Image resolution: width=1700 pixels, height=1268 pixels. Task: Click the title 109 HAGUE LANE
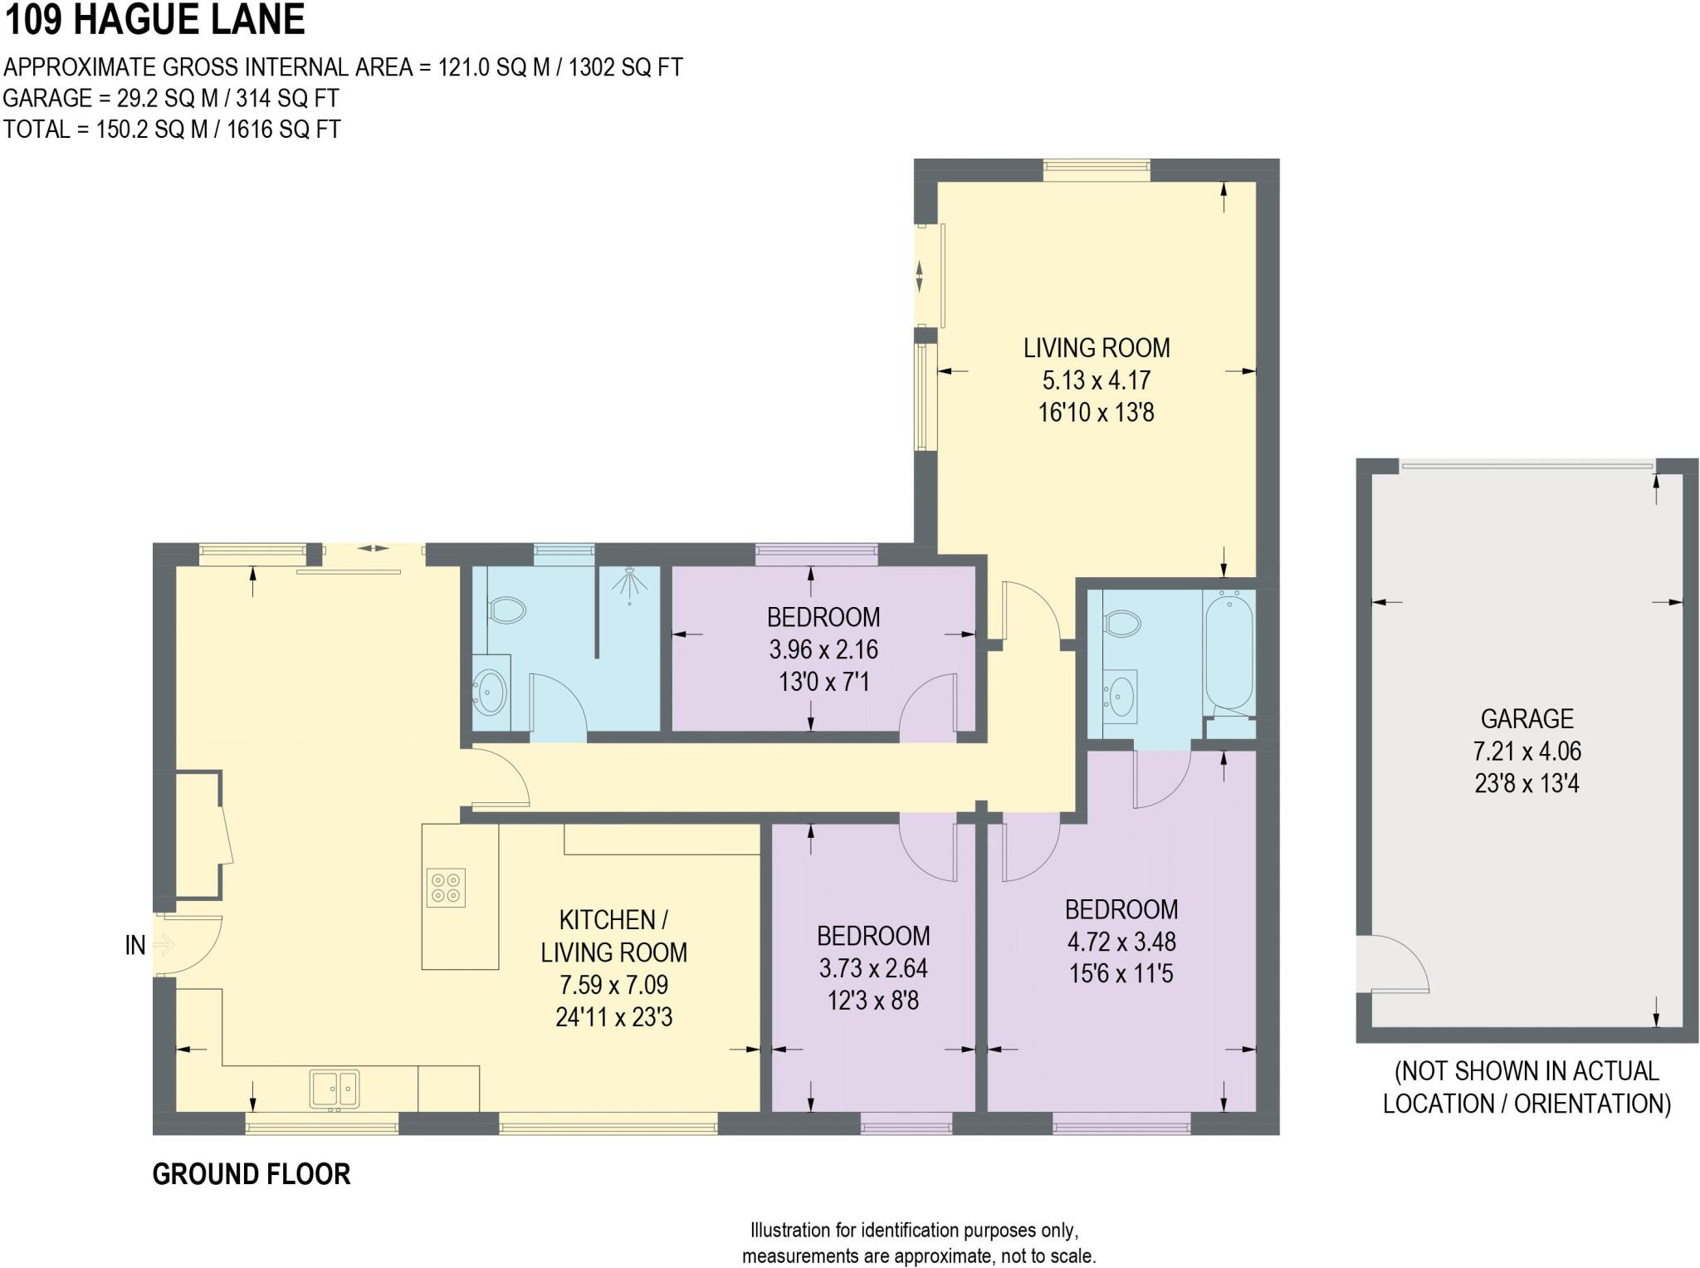click(x=155, y=20)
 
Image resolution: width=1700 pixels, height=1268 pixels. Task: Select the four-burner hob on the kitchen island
click(x=446, y=887)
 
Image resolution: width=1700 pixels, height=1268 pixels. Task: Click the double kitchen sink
click(x=335, y=1089)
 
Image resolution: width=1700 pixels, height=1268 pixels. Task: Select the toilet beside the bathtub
click(x=1122, y=623)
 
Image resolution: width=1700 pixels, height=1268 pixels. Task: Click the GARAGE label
click(x=1527, y=718)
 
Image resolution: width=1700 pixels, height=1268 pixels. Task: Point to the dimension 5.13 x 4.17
click(x=1096, y=380)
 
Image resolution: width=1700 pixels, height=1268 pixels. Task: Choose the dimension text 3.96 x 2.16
click(x=823, y=649)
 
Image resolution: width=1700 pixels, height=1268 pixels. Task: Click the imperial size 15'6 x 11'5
click(x=1121, y=973)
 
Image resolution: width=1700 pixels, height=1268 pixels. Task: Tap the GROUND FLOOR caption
click(x=252, y=1174)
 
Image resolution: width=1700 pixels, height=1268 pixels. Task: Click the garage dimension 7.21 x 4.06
click(x=1527, y=751)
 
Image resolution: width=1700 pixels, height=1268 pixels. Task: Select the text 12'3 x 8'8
click(x=872, y=1001)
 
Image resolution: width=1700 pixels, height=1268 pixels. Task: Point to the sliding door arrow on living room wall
click(x=919, y=277)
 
